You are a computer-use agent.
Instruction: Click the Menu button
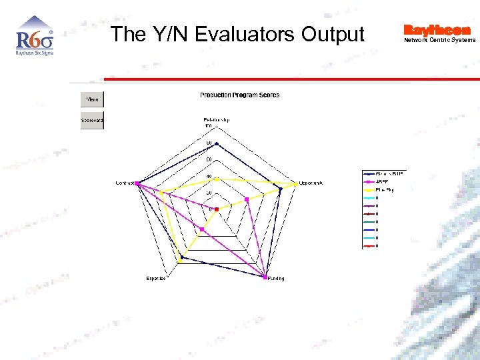pyautogui.click(x=92, y=100)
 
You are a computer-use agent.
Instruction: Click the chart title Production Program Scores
pyautogui.click(x=239, y=95)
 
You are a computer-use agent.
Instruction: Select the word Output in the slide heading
pyautogui.click(x=333, y=34)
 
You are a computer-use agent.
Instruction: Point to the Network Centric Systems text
pyautogui.click(x=439, y=40)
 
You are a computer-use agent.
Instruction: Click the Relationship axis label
pyautogui.click(x=217, y=120)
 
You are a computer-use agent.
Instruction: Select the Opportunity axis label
pyautogui.click(x=311, y=183)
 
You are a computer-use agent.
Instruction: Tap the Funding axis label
pyautogui.click(x=276, y=279)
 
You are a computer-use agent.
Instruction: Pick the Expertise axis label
pyautogui.click(x=156, y=278)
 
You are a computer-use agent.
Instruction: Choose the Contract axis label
pyautogui.click(x=125, y=183)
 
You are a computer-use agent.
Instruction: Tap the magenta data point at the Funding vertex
pyautogui.click(x=266, y=277)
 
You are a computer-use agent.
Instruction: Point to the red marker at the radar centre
pyautogui.click(x=217, y=209)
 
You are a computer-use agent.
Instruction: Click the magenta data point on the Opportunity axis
pyautogui.click(x=247, y=199)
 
